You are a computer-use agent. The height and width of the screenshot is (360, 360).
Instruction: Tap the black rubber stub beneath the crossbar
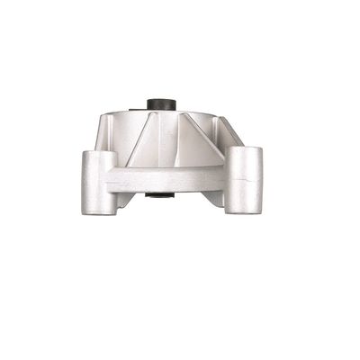click(x=160, y=193)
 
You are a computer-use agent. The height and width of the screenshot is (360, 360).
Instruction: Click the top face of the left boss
click(x=98, y=155)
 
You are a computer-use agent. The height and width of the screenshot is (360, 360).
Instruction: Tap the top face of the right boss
click(x=243, y=149)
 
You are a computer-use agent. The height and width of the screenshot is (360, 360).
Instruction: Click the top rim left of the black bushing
click(x=126, y=112)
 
